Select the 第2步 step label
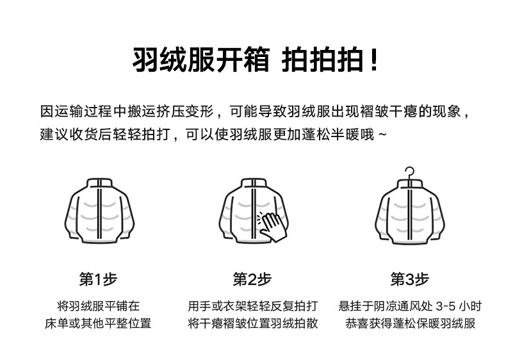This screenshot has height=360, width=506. [252, 279]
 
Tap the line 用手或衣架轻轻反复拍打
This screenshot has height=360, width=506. [253, 305]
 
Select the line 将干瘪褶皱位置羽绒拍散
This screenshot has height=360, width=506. [253, 323]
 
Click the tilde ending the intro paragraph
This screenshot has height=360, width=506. [383, 136]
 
